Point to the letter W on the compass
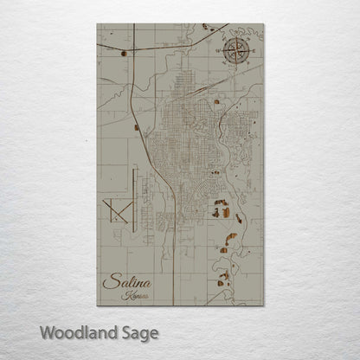point(222,53)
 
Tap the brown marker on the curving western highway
point(137,128)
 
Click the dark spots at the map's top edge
point(208,28)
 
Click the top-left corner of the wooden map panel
point(98,24)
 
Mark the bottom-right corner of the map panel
point(262,305)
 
